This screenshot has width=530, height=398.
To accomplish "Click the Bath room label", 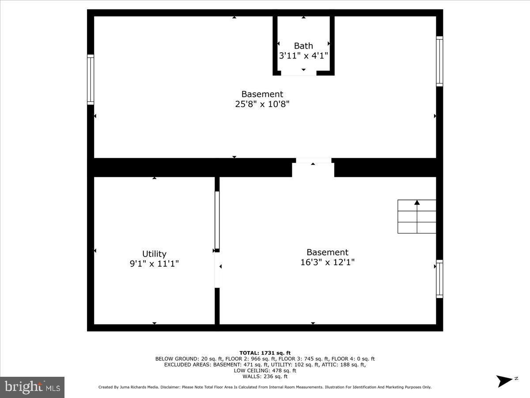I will (303, 46).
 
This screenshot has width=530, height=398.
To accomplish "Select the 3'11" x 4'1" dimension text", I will (303, 56).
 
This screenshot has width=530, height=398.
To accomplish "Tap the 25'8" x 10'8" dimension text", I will (262, 104).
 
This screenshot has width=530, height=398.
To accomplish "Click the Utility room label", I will (154, 254).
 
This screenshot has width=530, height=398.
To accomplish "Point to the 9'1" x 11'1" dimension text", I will (154, 264).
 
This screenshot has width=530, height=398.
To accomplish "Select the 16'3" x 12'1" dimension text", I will (327, 262).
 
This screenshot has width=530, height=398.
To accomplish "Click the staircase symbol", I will (416, 217).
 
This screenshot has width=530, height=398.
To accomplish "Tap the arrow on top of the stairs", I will (416, 203).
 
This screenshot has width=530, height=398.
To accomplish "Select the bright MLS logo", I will (32, 387).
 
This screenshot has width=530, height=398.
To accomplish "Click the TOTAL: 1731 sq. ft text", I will (265, 352).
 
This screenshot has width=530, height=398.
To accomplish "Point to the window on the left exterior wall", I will (91, 80).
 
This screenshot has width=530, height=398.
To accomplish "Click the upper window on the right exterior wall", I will (439, 61).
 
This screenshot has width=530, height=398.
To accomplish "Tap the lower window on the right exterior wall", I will (439, 279).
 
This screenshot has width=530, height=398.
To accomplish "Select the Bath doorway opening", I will (299, 73).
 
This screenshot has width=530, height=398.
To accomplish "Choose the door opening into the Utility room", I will (217, 270).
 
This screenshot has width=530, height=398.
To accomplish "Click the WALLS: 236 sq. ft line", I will (265, 376).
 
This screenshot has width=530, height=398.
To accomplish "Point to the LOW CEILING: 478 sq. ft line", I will (265, 371).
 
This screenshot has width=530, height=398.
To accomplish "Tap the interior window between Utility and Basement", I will (217, 220).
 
